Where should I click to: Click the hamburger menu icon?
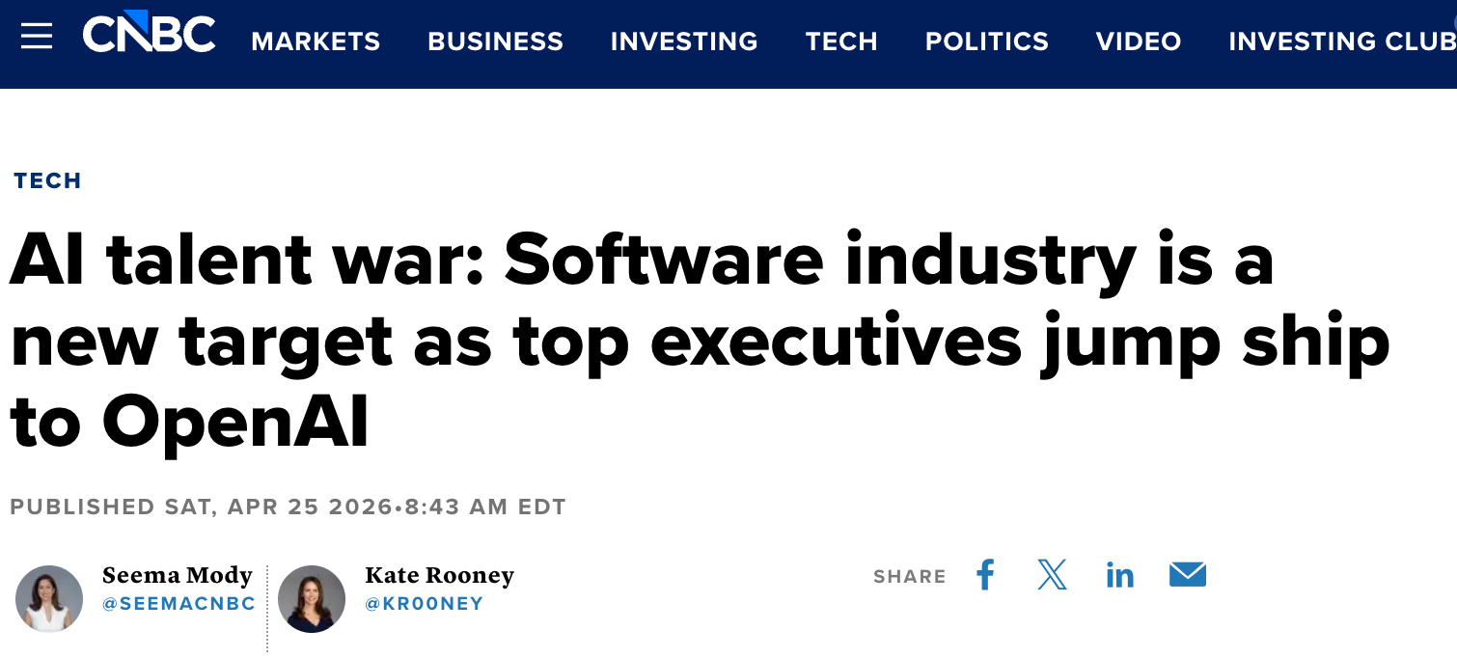[37, 38]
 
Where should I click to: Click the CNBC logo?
[149, 35]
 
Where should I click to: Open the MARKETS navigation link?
[316, 41]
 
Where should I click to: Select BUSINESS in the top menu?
[495, 41]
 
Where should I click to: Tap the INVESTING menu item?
[684, 41]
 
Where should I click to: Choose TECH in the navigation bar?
[841, 41]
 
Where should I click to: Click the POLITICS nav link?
[986, 41]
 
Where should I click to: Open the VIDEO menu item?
[1139, 41]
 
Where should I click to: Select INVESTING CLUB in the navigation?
[1341, 41]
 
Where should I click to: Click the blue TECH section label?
[47, 180]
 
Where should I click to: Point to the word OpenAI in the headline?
[235, 422]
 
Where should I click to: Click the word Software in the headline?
[664, 260]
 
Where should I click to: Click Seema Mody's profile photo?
[49, 598]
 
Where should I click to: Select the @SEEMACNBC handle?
[179, 604]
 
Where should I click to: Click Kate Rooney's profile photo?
[312, 598]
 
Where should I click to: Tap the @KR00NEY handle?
[424, 604]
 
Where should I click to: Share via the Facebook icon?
[985, 575]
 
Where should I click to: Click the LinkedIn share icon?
[1119, 576]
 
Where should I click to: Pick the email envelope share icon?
[1188, 575]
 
